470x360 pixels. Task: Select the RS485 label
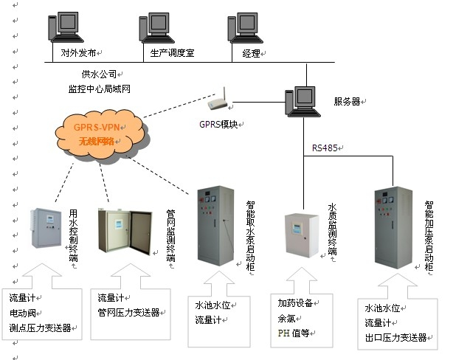(x=325, y=148)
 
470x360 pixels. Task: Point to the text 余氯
(x=286, y=319)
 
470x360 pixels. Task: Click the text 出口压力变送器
(x=395, y=338)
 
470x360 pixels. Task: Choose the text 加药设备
(x=294, y=304)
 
